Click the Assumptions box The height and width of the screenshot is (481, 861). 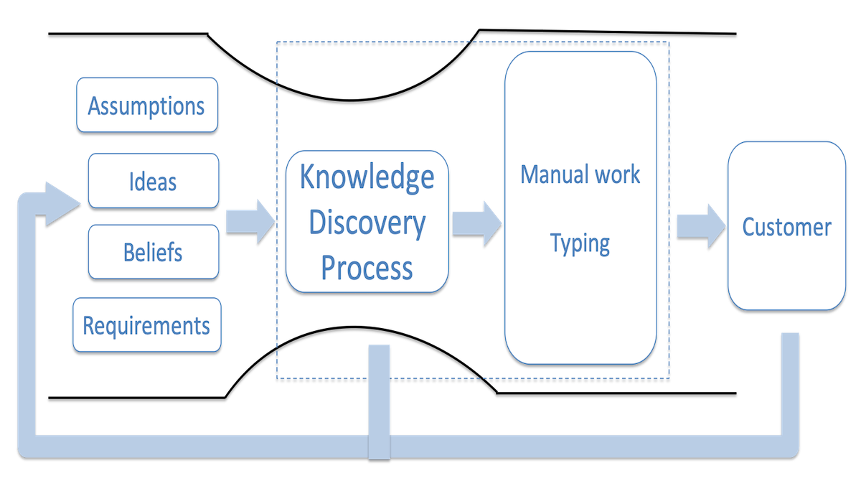pos(146,106)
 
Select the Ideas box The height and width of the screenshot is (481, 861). pos(153,181)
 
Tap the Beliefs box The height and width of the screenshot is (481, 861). pos(153,252)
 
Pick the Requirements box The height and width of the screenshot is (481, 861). pos(146,325)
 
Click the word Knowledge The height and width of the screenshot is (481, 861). pos(367,177)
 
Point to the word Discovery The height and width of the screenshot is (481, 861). pos(367,223)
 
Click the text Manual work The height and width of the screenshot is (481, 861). pos(580,174)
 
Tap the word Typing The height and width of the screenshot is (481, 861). pos(580,243)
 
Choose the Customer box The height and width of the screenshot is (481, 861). pos(786,227)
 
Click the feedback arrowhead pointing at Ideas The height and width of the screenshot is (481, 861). pos(61,203)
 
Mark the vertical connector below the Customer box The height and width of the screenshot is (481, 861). pos(789,380)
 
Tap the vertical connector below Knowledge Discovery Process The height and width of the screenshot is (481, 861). pos(379,398)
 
